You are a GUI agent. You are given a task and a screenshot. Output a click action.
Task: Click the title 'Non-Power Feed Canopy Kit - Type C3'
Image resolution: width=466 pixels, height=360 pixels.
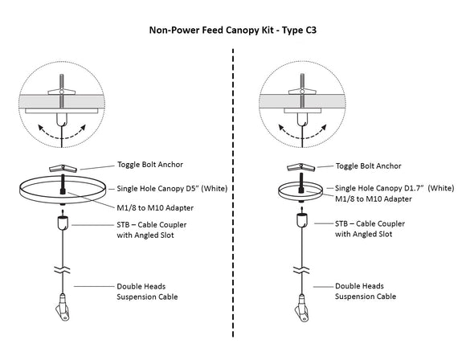click(233, 31)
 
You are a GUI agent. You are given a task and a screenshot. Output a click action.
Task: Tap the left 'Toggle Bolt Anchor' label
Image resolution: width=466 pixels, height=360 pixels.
click(150, 165)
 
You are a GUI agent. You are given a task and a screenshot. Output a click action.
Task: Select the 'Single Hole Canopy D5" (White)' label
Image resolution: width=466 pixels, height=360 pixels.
click(172, 189)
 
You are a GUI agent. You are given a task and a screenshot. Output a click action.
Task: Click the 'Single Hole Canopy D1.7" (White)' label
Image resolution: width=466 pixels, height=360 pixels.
click(394, 188)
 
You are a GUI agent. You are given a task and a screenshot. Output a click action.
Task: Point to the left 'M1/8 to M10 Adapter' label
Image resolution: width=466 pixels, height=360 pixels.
click(155, 208)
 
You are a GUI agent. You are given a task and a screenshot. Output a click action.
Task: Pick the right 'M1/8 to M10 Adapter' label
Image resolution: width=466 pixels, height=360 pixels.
click(374, 198)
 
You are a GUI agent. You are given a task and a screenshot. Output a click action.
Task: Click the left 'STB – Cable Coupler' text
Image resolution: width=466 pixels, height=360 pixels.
click(152, 225)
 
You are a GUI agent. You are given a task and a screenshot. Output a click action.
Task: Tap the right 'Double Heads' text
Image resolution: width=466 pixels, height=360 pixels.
click(359, 286)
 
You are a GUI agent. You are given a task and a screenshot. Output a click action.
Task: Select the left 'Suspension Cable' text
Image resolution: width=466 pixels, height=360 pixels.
click(147, 297)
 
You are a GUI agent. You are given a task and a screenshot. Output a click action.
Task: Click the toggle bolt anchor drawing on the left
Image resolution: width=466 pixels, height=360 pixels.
click(63, 169)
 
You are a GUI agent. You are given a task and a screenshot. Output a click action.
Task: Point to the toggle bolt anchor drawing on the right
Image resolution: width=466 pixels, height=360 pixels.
click(301, 167)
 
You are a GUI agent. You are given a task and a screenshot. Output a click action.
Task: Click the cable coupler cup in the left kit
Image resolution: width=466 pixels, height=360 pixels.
click(63, 223)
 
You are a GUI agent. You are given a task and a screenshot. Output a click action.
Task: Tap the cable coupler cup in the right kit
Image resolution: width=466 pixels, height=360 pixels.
click(302, 221)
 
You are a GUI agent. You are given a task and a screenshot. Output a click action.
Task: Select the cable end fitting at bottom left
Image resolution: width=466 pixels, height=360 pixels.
click(63, 307)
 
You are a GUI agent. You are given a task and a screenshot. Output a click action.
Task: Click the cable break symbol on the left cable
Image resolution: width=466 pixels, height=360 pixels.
click(63, 270)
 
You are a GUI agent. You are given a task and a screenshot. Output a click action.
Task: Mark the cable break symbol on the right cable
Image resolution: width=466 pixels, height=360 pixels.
click(301, 270)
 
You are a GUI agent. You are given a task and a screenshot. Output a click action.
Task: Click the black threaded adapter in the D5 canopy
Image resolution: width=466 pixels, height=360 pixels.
click(63, 185)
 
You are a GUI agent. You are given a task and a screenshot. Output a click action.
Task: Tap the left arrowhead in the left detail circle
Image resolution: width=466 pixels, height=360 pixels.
click(41, 128)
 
